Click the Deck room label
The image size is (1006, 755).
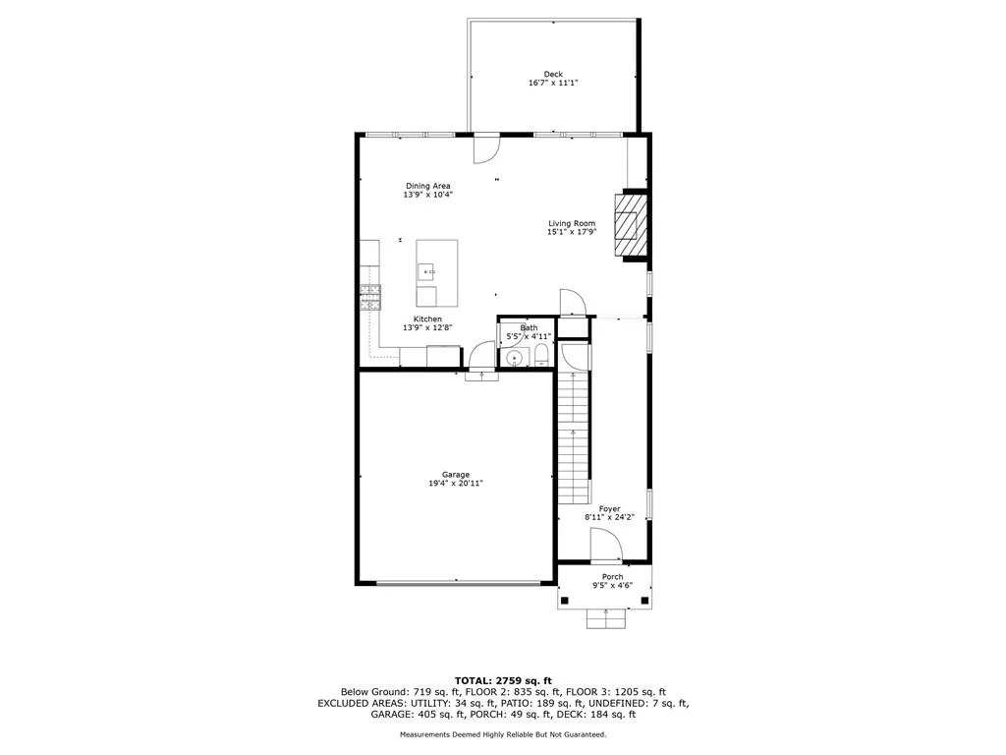tap(553, 74)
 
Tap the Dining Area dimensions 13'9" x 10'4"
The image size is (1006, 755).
tap(427, 195)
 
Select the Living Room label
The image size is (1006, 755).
tap(571, 223)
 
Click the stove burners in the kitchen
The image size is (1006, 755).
tap(369, 297)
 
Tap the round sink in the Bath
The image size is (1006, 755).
tap(514, 357)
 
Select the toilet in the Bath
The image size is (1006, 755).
tap(541, 356)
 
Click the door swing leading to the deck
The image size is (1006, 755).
tap(486, 148)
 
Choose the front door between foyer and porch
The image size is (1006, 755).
tap(605, 545)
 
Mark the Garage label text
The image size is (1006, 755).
tap(455, 475)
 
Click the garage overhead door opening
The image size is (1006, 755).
tap(458, 583)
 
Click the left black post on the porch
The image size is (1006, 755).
tap(566, 602)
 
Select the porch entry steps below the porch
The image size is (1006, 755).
tap(606, 618)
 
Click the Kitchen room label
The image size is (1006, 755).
tap(427, 319)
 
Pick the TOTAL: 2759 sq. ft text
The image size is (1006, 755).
tap(503, 680)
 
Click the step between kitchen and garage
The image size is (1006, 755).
tap(481, 378)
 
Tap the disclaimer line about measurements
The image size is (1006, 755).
tap(503, 734)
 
